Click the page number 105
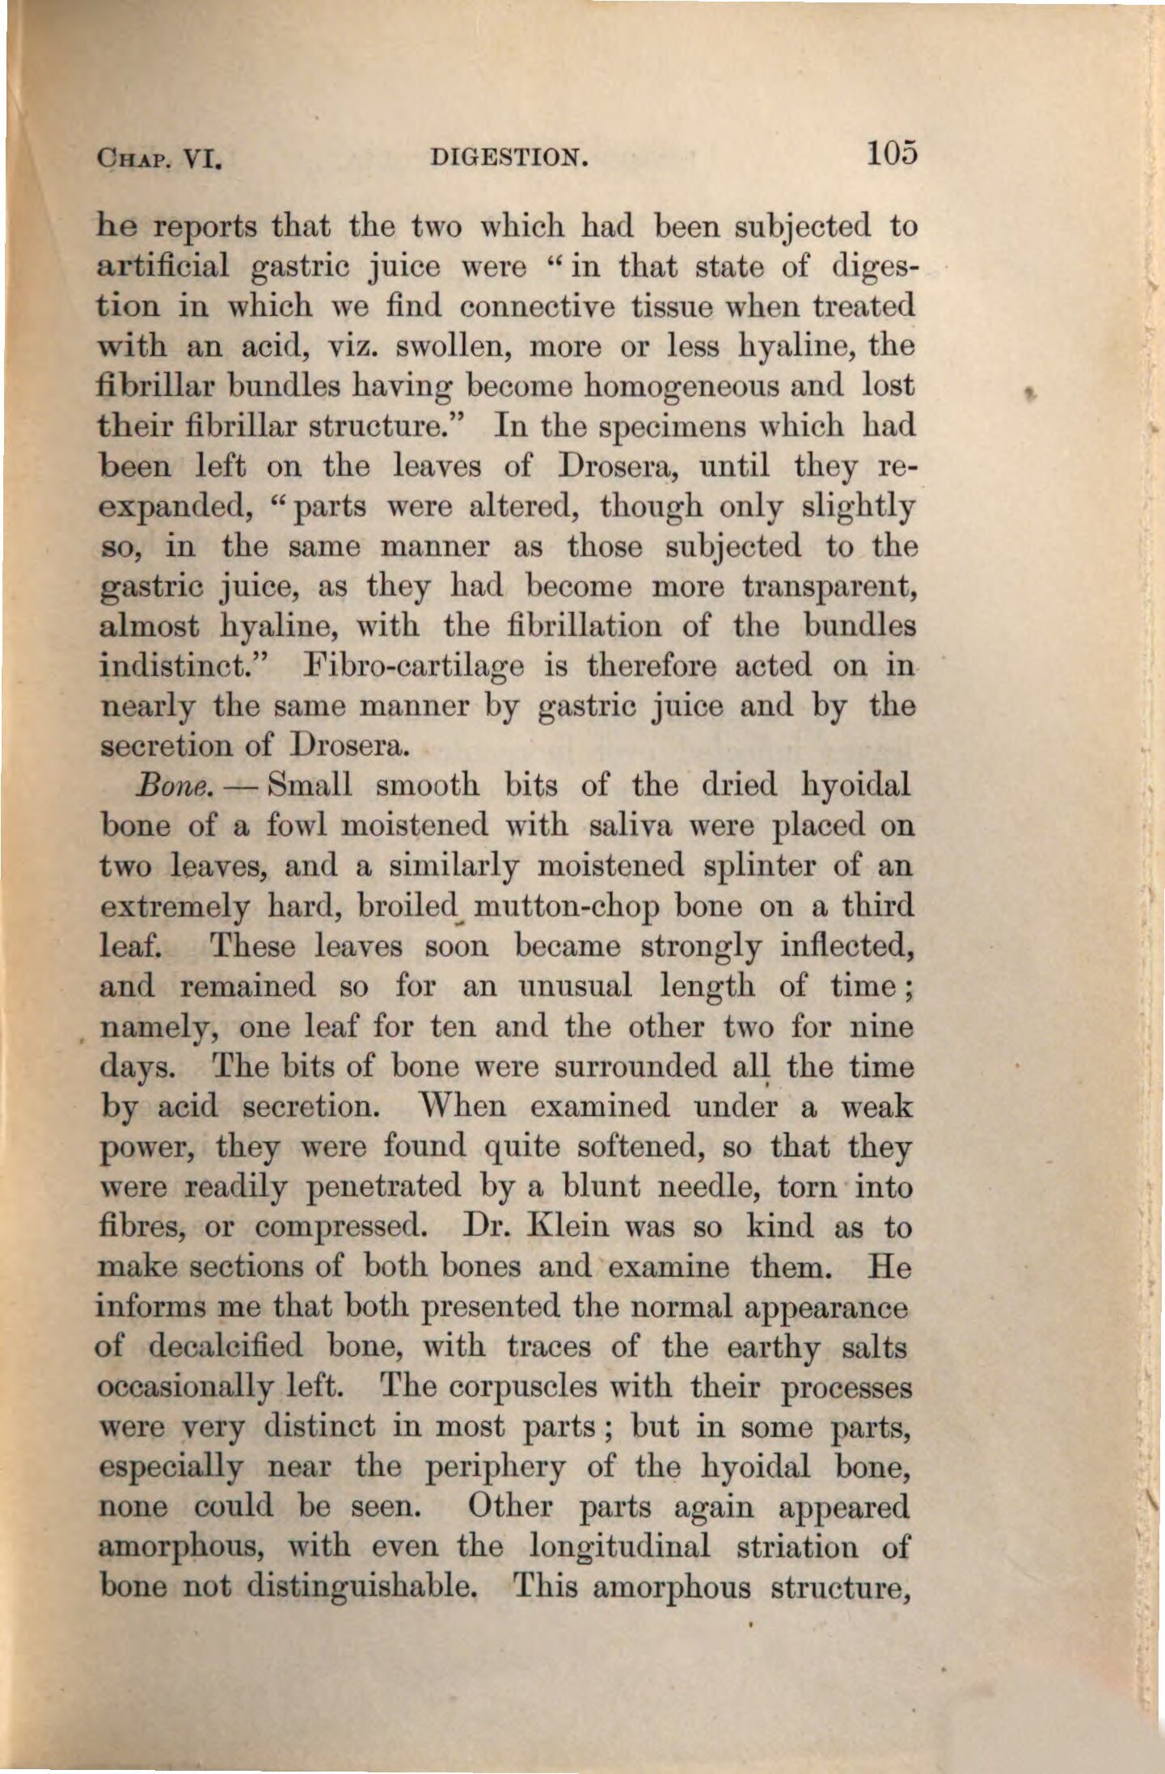coord(891,152)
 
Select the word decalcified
coord(226,1347)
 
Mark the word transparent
coord(827,589)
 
